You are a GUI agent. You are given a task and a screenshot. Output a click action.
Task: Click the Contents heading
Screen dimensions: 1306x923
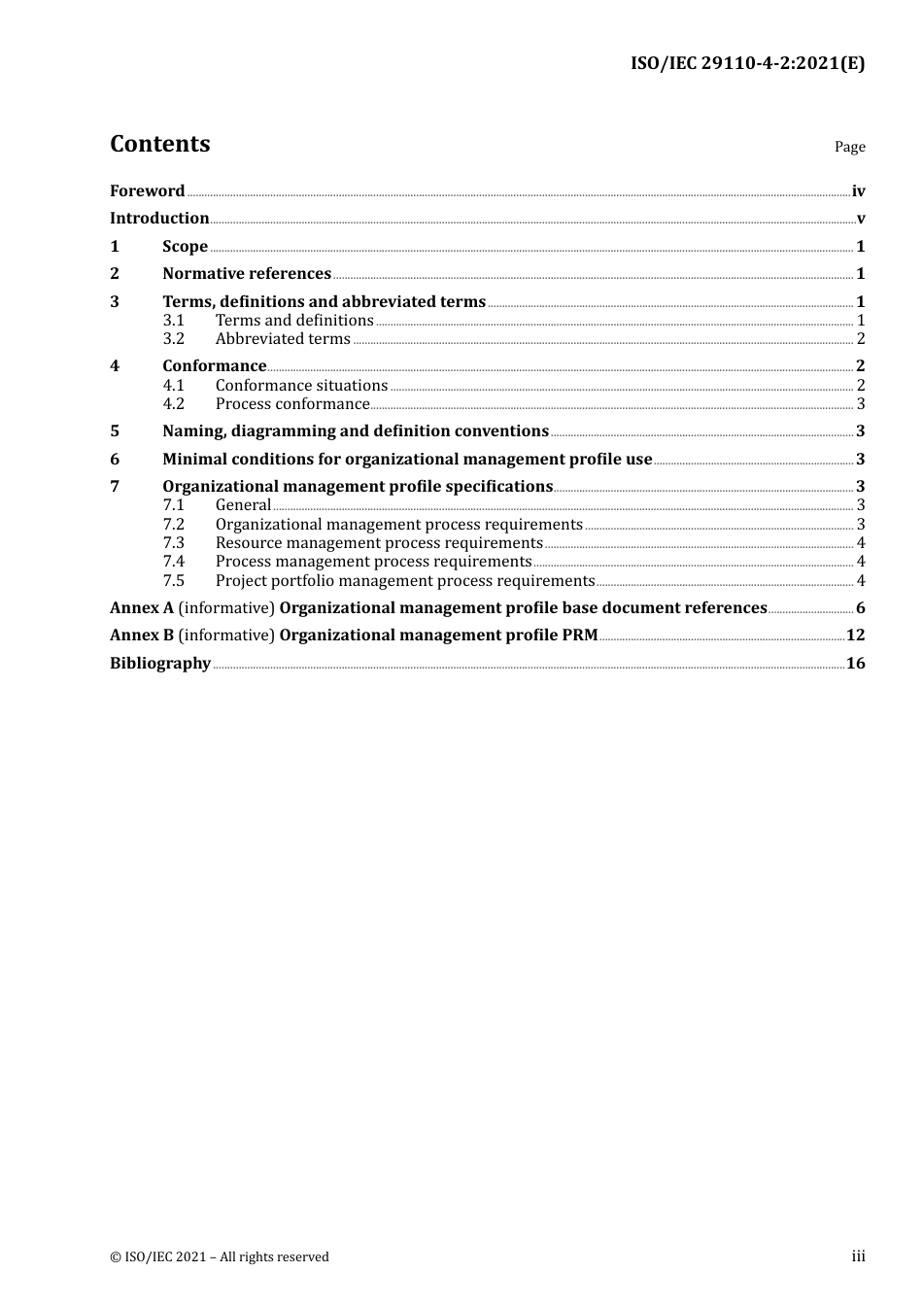[x=159, y=144]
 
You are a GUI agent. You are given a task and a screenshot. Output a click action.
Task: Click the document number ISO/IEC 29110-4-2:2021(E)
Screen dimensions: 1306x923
[x=747, y=64]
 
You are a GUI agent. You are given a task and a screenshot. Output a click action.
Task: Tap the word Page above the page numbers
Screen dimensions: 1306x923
[x=849, y=147]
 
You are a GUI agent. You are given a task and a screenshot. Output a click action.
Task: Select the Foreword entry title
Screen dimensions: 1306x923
[x=147, y=191]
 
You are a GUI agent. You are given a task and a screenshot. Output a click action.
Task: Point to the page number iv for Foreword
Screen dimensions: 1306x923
[x=858, y=191]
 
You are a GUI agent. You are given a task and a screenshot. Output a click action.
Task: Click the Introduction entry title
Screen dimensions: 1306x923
[x=159, y=219]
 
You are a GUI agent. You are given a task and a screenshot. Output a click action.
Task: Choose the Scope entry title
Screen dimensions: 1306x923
[x=185, y=247]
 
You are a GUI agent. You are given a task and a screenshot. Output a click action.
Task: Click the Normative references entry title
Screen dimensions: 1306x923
[x=247, y=274]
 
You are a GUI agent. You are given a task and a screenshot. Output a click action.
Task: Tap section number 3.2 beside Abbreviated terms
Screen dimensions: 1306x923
[x=174, y=339]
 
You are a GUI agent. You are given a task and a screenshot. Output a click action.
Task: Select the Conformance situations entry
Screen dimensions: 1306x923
[x=301, y=386]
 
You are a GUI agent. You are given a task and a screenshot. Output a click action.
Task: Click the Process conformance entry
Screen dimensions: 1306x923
[x=292, y=404]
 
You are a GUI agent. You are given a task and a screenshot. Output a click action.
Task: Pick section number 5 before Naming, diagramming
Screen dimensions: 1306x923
[x=115, y=431]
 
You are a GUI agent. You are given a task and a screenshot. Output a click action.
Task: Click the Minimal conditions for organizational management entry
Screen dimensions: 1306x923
[x=407, y=460]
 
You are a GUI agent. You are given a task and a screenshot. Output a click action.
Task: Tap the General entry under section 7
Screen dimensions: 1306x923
[x=243, y=505]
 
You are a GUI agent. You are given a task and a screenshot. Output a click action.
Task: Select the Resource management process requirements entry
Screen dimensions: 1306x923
[x=379, y=543]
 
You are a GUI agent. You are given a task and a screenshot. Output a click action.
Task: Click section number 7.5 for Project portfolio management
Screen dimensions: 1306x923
[x=174, y=581]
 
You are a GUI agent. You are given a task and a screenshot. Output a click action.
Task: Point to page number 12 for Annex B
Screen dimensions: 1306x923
[x=855, y=636]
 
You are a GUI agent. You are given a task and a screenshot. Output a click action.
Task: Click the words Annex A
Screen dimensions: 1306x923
[x=142, y=608]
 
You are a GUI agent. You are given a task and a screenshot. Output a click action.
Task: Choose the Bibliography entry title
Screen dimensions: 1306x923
[x=160, y=664]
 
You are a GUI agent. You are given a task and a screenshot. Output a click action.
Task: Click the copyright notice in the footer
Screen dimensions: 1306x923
[x=220, y=1257]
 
